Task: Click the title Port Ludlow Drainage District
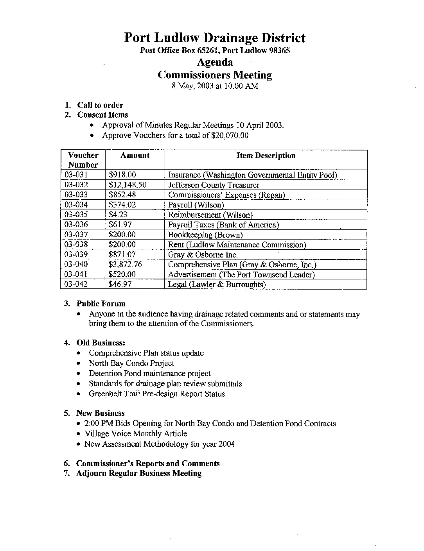[215, 38]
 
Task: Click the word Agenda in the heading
[215, 62]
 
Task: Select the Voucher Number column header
[83, 160]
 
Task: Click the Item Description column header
[266, 156]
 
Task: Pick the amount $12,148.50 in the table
[128, 185]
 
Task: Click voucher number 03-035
[76, 215]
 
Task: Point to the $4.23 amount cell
[118, 215]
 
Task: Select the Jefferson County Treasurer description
[214, 185]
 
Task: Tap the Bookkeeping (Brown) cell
[205, 235]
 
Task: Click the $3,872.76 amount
[125, 265]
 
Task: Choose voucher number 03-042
[76, 284]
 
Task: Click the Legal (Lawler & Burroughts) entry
[217, 284]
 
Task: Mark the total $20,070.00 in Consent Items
[229, 136]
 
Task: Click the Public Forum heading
[101, 304]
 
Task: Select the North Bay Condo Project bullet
[131, 363]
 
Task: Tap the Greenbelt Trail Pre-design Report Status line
[156, 394]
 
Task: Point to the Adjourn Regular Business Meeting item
[139, 473]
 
